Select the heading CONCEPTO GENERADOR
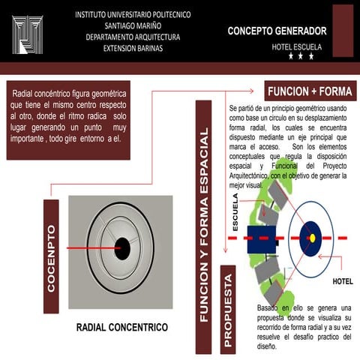[277, 31]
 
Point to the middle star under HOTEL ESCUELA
[301, 56]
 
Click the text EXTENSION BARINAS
[133, 48]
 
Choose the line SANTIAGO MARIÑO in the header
[132, 25]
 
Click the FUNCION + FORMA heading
[309, 91]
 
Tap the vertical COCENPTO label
[51, 256]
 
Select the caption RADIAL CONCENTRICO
[122, 328]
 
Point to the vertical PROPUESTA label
[229, 309]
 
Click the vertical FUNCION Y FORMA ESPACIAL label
[203, 225]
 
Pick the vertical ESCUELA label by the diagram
[235, 212]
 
